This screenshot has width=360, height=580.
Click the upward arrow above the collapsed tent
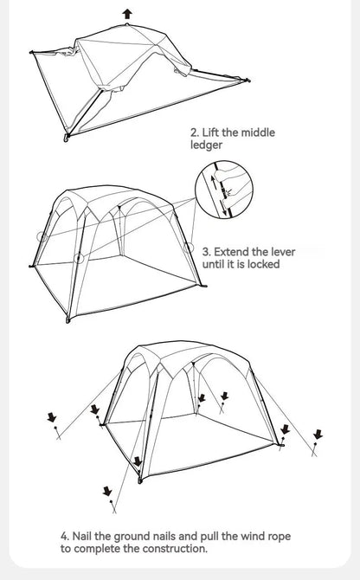click(x=127, y=13)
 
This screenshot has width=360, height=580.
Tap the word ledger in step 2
click(x=206, y=145)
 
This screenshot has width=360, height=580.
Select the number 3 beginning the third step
click(x=205, y=252)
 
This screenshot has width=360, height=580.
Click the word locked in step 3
click(x=262, y=264)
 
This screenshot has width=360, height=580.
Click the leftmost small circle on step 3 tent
click(x=41, y=236)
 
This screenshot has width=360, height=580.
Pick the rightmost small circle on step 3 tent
click(x=190, y=247)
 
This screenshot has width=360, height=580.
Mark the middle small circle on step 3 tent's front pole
click(x=79, y=258)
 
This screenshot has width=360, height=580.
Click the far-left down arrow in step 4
click(x=52, y=418)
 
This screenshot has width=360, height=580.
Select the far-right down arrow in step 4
click(x=318, y=434)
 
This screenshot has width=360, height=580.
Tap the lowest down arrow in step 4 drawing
click(x=107, y=492)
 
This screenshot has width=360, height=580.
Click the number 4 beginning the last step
click(x=65, y=537)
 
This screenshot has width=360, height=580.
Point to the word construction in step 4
click(x=171, y=549)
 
